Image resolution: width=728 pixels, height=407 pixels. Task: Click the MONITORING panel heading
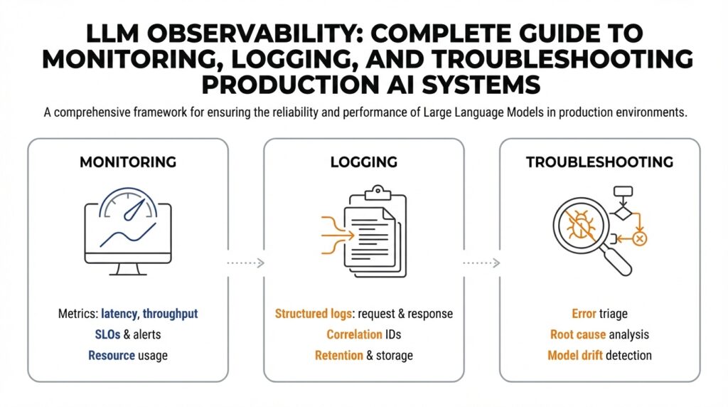coord(128,162)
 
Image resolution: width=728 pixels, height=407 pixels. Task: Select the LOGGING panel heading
coord(363,162)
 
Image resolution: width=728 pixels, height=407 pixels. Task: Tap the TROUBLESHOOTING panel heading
coord(599,162)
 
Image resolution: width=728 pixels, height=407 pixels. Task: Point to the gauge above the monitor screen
coord(128,203)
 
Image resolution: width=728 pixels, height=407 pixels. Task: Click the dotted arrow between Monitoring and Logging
coord(245,263)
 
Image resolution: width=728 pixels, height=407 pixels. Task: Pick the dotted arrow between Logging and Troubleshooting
coord(481,263)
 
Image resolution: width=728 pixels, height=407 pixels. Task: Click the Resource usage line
coord(128,354)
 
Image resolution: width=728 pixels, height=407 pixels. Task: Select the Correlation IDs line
coord(363,334)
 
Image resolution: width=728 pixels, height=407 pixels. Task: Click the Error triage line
coord(599,314)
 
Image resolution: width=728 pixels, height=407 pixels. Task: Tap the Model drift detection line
coord(599,354)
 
